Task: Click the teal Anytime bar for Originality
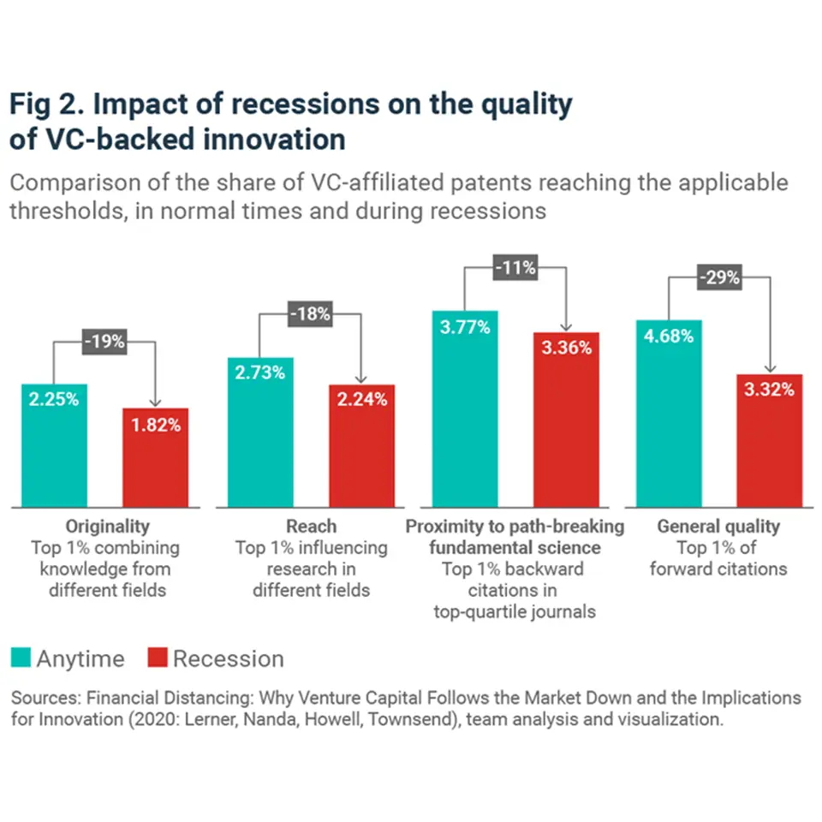click(x=54, y=445)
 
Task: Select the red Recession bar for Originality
click(x=155, y=457)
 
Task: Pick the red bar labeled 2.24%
click(x=362, y=445)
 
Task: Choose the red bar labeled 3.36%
click(x=566, y=420)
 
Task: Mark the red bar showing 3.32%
click(x=770, y=440)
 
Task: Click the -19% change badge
click(x=104, y=342)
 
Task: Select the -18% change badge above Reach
click(x=309, y=314)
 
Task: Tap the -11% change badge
click(x=515, y=268)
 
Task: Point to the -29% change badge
click(x=719, y=278)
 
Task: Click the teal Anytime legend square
click(x=20, y=658)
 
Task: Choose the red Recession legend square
click(x=156, y=658)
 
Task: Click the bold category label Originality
click(x=107, y=526)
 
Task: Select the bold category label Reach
click(x=311, y=526)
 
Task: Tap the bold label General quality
click(x=718, y=526)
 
